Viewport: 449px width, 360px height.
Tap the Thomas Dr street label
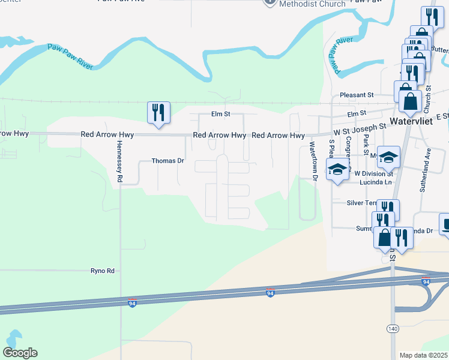[167, 161]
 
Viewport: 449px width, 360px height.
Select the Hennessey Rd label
[119, 163]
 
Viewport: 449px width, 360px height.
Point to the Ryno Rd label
[102, 271]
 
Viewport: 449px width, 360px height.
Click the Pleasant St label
[357, 95]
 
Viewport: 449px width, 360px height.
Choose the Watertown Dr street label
[312, 161]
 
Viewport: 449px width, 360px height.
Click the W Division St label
[373, 173]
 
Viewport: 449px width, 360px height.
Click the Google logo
[20, 353]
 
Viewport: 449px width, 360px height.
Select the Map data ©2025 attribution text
[424, 355]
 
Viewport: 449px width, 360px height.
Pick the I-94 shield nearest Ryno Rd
[132, 303]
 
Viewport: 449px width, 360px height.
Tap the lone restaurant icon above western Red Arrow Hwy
[158, 112]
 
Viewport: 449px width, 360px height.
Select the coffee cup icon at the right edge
[445, 225]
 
